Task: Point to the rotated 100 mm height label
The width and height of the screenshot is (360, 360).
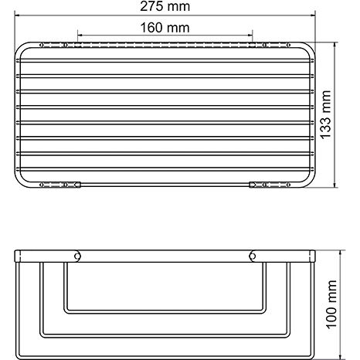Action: coord(349,304)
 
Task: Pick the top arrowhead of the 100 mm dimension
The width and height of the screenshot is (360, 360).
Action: coord(335,252)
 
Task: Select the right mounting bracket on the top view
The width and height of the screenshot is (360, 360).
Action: coord(260,185)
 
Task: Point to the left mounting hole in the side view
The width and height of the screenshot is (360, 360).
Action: coord(77,256)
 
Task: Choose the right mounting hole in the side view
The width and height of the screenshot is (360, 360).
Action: coord(252,256)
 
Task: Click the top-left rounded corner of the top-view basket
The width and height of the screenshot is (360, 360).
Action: coord(20,48)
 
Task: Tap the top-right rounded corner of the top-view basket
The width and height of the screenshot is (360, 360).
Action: coord(311,48)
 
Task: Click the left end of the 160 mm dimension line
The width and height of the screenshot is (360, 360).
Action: coord(77,33)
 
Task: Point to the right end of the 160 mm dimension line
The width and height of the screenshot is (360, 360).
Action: coord(252,33)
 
